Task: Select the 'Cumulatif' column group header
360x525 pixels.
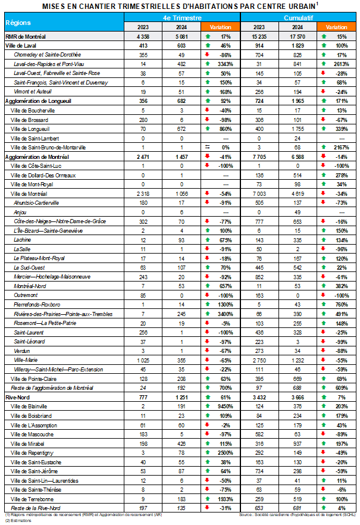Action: (x=299, y=18)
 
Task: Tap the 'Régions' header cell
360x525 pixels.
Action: (x=18, y=22)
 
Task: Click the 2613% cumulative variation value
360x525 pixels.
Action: (x=341, y=62)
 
